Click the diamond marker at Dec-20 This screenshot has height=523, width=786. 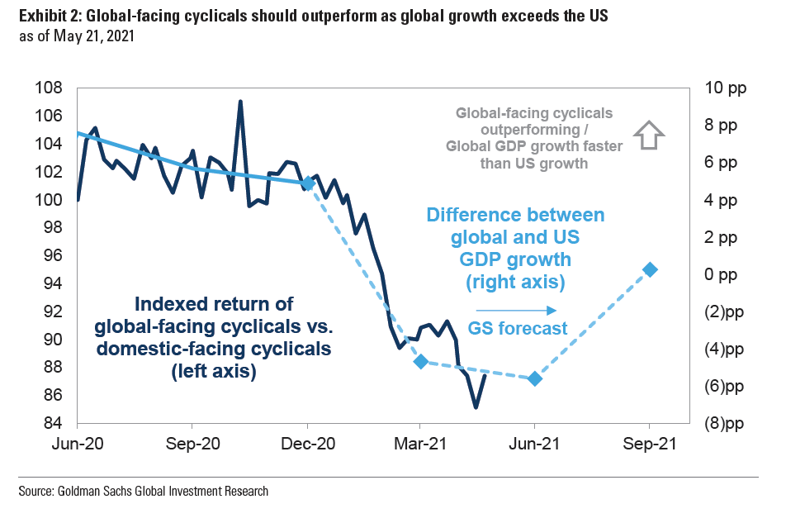[308, 183]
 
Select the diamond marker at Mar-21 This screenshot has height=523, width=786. [420, 361]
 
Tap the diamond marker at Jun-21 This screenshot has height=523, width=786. [534, 378]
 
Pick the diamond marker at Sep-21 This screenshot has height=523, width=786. [650, 269]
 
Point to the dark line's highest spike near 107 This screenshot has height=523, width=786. [239, 102]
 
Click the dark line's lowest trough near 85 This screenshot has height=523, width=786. [476, 407]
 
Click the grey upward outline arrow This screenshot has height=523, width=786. [649, 135]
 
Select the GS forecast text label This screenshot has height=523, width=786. [518, 329]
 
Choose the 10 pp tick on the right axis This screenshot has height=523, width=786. [725, 88]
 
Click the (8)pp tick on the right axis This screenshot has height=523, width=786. [725, 423]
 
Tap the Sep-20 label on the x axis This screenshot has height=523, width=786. [192, 444]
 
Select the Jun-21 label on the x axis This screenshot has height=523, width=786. [534, 444]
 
